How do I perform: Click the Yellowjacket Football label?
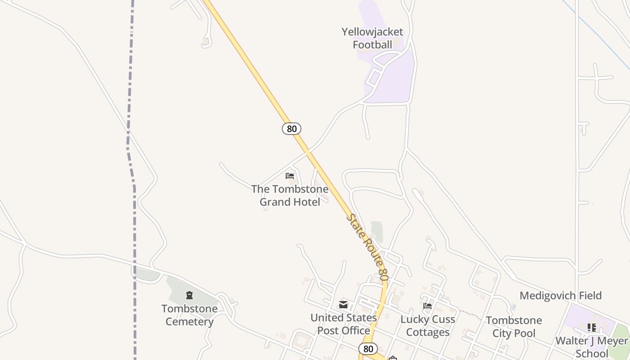click(x=372, y=38)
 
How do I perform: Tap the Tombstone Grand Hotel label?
click(x=290, y=195)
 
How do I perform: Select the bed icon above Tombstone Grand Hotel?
click(x=290, y=176)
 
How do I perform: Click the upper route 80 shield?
click(x=292, y=129)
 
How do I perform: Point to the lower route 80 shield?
click(x=368, y=348)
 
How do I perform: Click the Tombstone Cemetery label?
click(x=189, y=315)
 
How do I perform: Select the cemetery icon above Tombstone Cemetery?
click(x=189, y=296)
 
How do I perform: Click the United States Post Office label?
click(x=344, y=324)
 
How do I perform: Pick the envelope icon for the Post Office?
click(x=344, y=305)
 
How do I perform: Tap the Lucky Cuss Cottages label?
click(x=427, y=326)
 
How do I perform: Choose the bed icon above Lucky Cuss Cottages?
click(x=427, y=306)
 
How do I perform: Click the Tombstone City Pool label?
click(x=514, y=327)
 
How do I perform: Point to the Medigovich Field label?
click(x=560, y=296)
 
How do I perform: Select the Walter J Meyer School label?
click(x=591, y=346)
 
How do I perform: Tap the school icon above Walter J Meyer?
click(x=592, y=328)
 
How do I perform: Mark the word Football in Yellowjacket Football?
click(x=372, y=45)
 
